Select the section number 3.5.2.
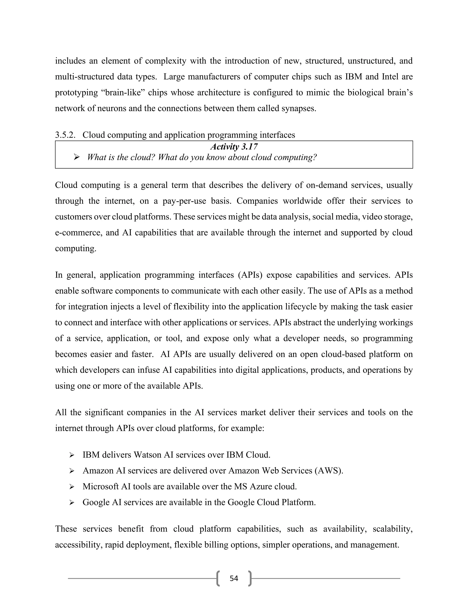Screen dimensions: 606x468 point(65,135)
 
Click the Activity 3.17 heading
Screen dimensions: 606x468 point(234,147)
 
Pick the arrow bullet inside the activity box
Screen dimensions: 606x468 point(77,158)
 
